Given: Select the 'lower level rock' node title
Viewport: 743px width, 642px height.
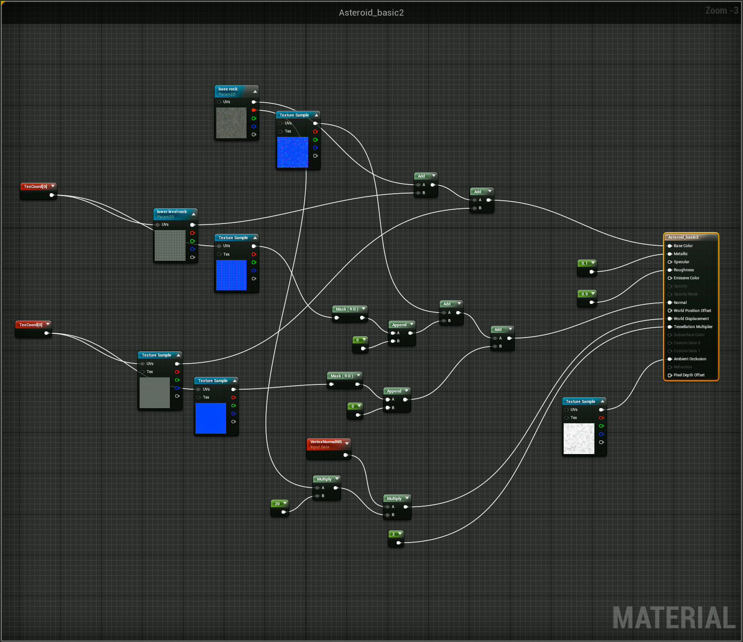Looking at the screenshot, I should click(172, 212).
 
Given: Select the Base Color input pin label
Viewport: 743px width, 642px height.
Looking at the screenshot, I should click(683, 246).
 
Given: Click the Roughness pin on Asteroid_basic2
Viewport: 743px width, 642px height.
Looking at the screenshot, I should click(683, 270).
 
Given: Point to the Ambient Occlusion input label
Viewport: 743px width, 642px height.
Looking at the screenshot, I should click(690, 359).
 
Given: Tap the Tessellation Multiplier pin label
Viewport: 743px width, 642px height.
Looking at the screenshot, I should click(693, 327).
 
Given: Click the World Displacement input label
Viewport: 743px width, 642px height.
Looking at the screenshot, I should click(691, 319).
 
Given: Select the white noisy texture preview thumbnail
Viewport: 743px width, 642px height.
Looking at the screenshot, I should click(579, 438).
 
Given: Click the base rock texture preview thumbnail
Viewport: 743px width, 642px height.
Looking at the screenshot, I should click(231, 123).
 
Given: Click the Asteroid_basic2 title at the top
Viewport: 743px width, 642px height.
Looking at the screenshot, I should click(371, 13).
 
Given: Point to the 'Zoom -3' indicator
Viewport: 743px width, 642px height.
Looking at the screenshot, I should click(721, 10).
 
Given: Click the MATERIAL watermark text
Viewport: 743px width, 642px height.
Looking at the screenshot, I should click(674, 618).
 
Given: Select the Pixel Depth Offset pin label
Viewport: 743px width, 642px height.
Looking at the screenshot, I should click(689, 375).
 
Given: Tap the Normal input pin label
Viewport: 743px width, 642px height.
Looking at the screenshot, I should click(680, 303).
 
